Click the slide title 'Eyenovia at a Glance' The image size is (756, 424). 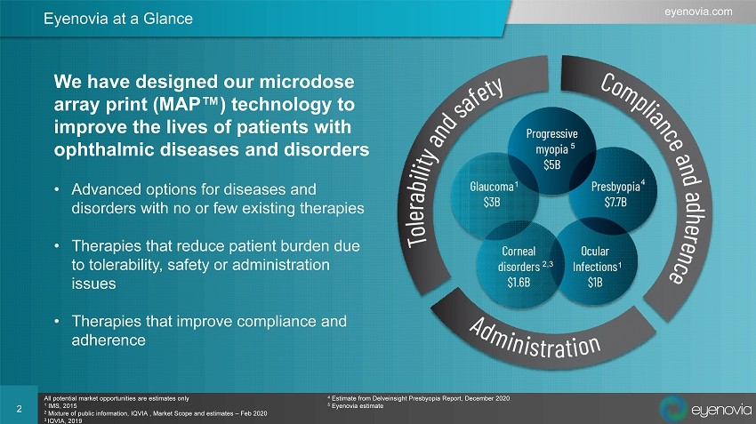pos(118,19)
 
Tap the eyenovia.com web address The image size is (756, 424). pos(698,12)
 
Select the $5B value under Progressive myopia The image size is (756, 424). pos(552,164)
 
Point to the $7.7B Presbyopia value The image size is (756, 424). pos(615,202)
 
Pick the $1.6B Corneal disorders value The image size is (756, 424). pos(519,283)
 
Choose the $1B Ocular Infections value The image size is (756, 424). pos(595,283)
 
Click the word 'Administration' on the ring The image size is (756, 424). pos(535,339)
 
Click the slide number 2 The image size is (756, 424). pos(20,409)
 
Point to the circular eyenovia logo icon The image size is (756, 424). pos(672,408)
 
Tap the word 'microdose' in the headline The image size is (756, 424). pos(307,82)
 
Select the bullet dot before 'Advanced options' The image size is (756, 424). pos(57,190)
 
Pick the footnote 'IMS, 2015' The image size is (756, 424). pos(60,405)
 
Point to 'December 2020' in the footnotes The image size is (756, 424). pos(487,398)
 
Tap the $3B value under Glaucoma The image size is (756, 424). pos(492,202)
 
